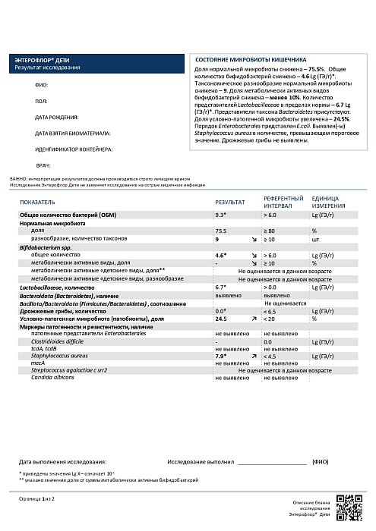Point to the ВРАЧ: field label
[x=43, y=165]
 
